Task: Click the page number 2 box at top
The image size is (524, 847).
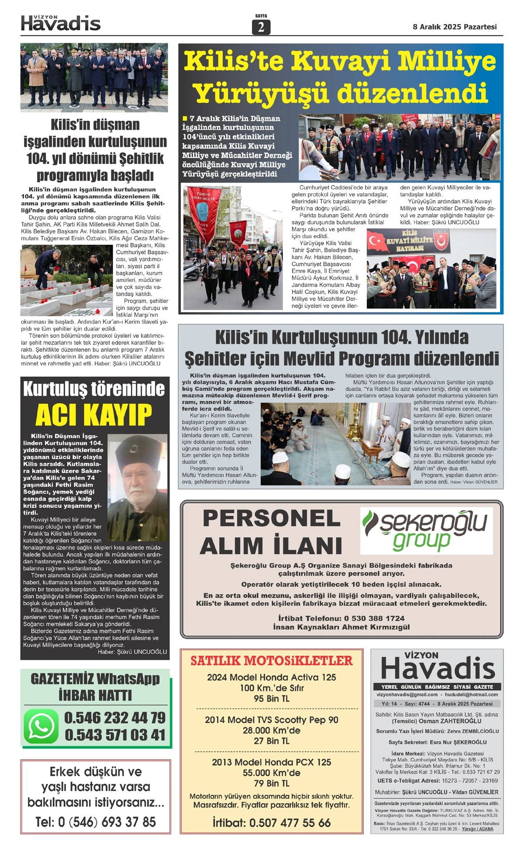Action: (261, 27)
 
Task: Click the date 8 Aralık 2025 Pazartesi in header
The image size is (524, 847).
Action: (455, 27)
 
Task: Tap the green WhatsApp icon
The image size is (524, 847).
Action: (41, 726)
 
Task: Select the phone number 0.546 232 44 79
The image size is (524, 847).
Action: (115, 718)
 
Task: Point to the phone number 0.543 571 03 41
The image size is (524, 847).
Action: (115, 735)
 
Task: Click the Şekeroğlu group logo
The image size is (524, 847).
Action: (426, 530)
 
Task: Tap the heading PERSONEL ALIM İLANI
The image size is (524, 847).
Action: (271, 532)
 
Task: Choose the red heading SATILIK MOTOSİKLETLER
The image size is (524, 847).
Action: (271, 660)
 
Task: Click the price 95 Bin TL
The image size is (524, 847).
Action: (271, 699)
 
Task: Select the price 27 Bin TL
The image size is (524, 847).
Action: (271, 741)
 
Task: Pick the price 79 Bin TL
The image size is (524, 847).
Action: (271, 783)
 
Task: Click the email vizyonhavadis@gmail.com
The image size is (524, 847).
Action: (407, 694)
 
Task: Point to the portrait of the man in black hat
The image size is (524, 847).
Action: (138, 487)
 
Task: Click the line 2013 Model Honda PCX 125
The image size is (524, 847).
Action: (271, 762)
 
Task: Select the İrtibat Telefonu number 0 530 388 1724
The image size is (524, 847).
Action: (374, 618)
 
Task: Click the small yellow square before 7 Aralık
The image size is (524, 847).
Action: (185, 118)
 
